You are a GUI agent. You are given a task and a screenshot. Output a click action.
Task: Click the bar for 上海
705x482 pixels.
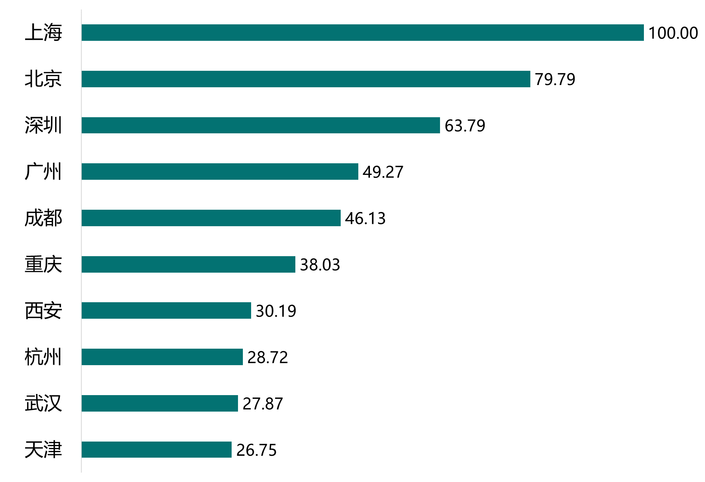click(x=362, y=33)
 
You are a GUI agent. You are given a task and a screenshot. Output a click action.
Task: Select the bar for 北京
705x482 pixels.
click(x=306, y=79)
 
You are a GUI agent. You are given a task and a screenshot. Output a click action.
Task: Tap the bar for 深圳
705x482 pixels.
click(x=260, y=125)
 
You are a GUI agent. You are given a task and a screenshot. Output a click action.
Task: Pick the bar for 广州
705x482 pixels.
click(x=220, y=172)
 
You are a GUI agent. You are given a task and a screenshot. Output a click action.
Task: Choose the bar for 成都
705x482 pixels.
click(x=211, y=218)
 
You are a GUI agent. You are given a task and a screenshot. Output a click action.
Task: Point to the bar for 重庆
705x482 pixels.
click(x=188, y=264)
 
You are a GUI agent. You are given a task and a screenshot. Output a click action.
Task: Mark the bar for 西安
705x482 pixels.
click(x=166, y=310)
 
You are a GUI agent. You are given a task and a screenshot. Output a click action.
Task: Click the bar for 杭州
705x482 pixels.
click(x=162, y=357)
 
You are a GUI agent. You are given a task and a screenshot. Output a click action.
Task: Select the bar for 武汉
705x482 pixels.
click(x=160, y=403)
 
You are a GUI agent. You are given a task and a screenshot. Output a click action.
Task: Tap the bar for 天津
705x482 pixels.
click(x=156, y=449)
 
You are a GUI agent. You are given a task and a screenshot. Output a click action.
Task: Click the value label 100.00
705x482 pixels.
click(x=673, y=33)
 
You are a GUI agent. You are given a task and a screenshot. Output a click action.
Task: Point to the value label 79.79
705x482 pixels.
click(x=555, y=79)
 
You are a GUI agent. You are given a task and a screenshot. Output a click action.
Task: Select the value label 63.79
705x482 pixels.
click(x=465, y=126)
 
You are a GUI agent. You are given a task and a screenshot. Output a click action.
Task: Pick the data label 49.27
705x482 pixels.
click(x=383, y=172)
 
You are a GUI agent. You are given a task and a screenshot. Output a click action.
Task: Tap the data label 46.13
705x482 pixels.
click(x=365, y=218)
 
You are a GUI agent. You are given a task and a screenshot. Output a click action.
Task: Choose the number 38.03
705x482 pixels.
click(x=320, y=265)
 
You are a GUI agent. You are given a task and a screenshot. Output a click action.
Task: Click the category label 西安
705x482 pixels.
click(x=43, y=311)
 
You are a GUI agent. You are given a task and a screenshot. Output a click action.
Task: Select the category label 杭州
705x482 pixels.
click(x=43, y=357)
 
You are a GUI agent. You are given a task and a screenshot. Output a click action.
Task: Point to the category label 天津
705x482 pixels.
click(x=43, y=450)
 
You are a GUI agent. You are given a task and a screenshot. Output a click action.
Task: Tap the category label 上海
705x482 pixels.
click(x=43, y=33)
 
